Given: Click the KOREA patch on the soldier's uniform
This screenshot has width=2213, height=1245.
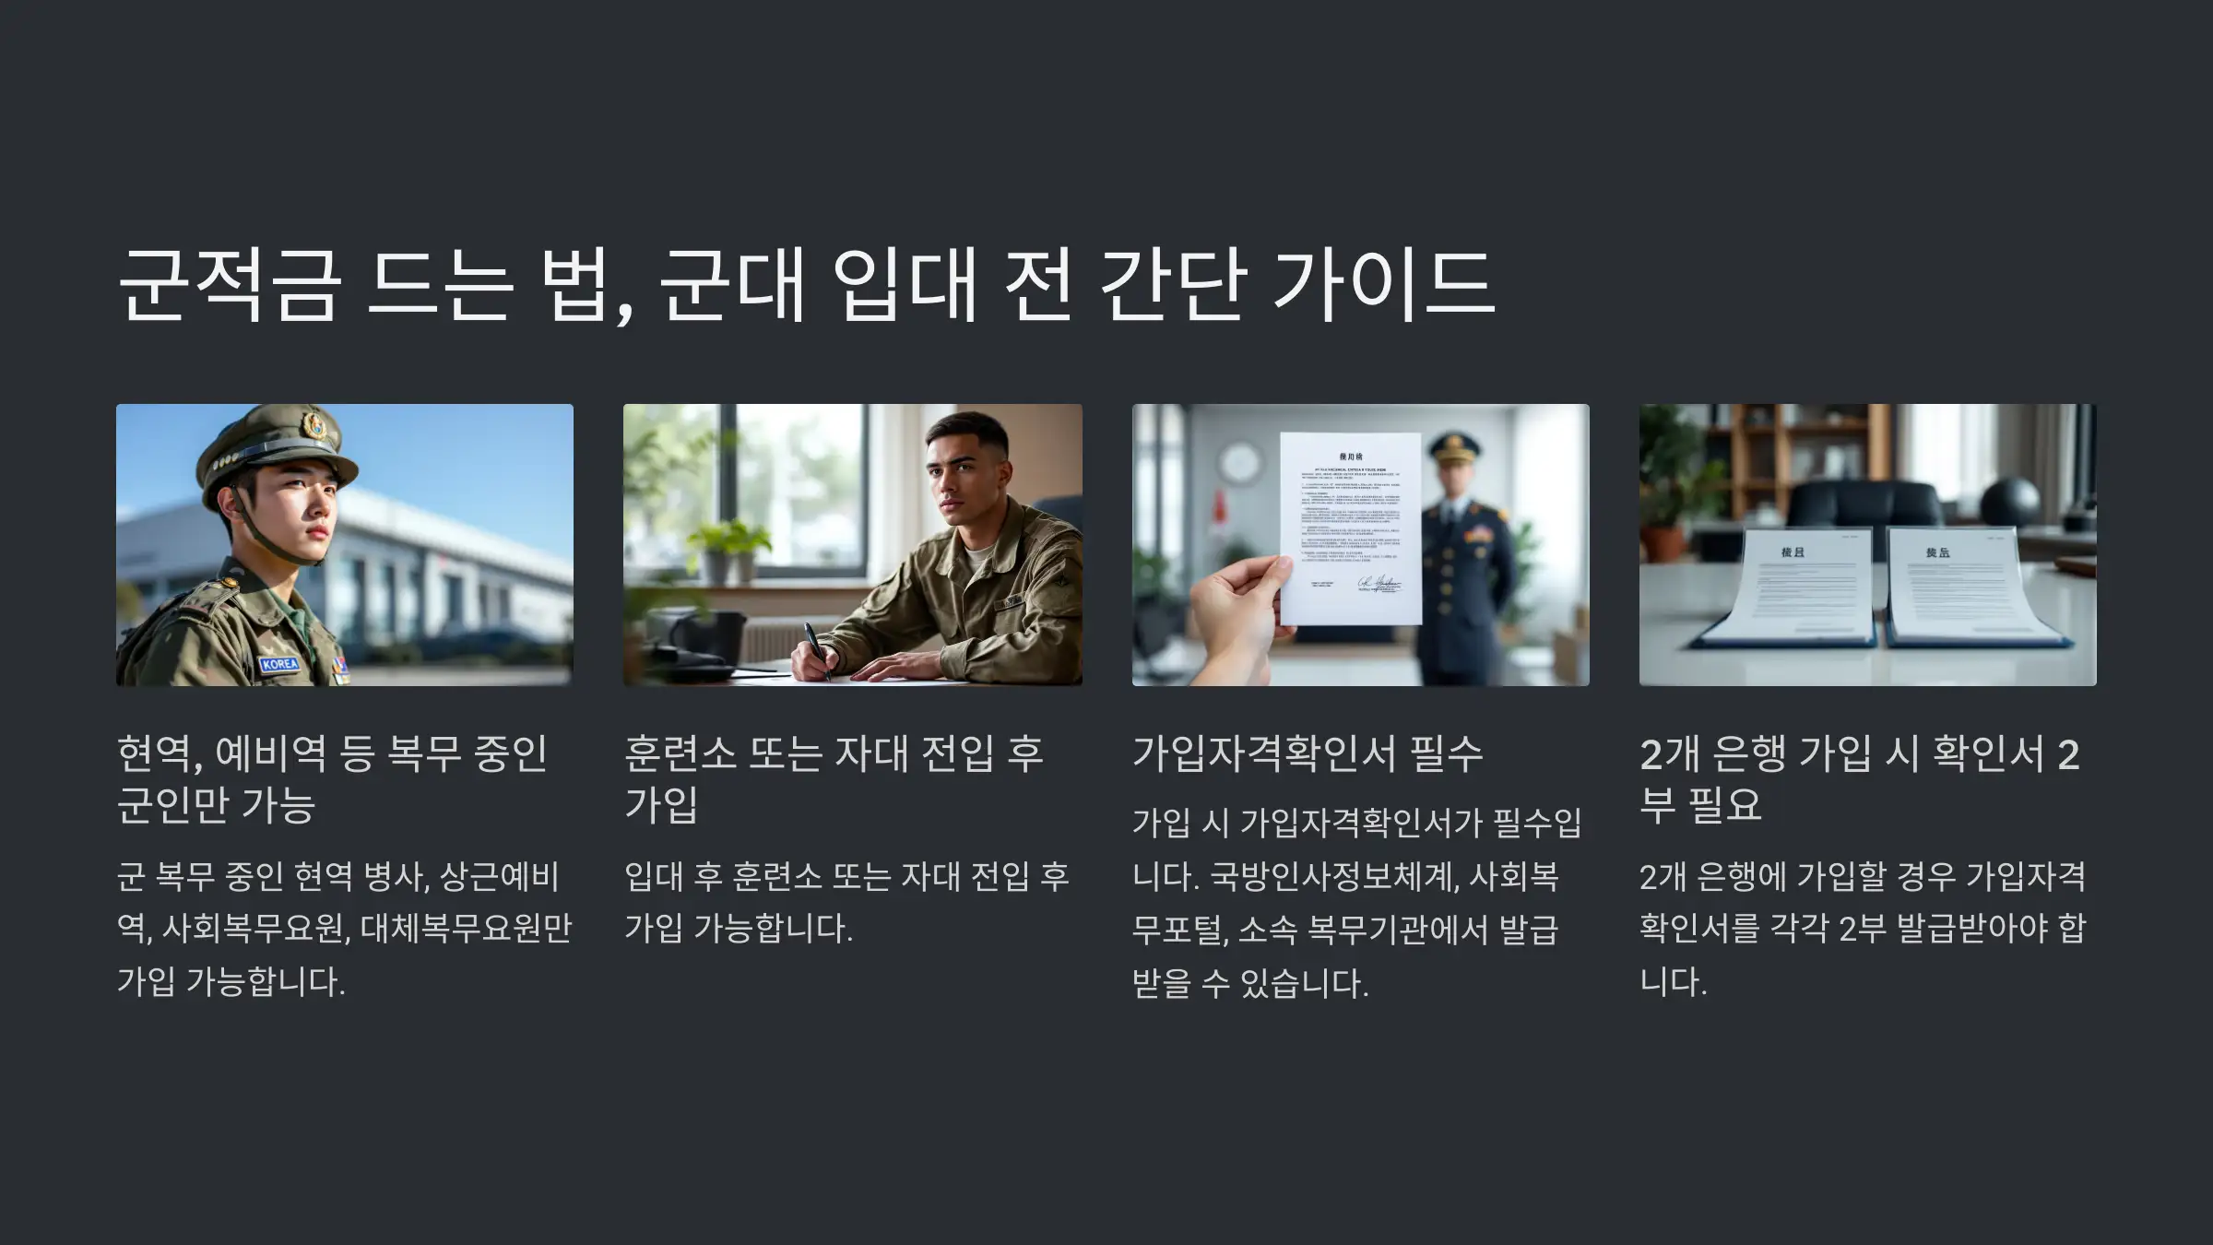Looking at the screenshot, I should click(x=278, y=664).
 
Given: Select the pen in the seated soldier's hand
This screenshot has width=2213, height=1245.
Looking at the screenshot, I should click(x=816, y=649).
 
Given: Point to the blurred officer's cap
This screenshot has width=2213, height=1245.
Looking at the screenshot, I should click(x=1454, y=449).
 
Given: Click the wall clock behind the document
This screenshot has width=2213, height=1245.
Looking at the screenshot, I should click(x=1239, y=463).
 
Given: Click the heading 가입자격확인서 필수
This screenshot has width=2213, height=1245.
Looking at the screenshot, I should click(x=1308, y=753).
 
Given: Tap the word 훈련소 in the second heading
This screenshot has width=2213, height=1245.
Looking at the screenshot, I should click(x=680, y=753).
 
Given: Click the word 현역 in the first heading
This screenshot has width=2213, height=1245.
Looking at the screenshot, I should click(x=154, y=753).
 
